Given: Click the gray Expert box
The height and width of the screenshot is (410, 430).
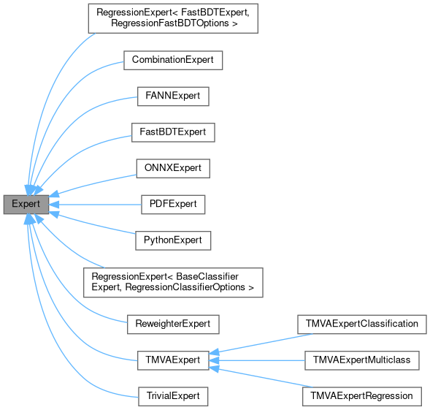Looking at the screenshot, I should pyautogui.click(x=26, y=204).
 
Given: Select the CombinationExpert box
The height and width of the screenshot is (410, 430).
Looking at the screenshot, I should pyautogui.click(x=172, y=60).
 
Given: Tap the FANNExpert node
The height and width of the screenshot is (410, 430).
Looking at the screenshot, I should pyautogui.click(x=173, y=96).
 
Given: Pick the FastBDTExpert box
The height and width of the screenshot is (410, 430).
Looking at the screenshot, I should pyautogui.click(x=173, y=132).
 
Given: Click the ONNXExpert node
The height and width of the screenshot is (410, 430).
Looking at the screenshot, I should pyautogui.click(x=173, y=168).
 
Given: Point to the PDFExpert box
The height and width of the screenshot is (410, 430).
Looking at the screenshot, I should pyautogui.click(x=173, y=204).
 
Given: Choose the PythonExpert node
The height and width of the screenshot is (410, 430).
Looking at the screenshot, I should pyautogui.click(x=173, y=240).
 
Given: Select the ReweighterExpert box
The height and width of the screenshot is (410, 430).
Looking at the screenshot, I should pyautogui.click(x=173, y=322).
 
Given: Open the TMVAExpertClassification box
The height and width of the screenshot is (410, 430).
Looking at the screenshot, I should pyautogui.click(x=361, y=322).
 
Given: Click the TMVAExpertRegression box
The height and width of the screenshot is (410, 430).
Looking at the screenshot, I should pyautogui.click(x=361, y=395).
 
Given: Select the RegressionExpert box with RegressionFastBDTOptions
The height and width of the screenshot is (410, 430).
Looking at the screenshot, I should pyautogui.click(x=173, y=18).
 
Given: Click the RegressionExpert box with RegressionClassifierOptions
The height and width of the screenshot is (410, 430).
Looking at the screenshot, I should pyautogui.click(x=173, y=281).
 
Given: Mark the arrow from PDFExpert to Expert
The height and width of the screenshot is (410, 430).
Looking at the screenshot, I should pyautogui.click(x=95, y=204).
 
